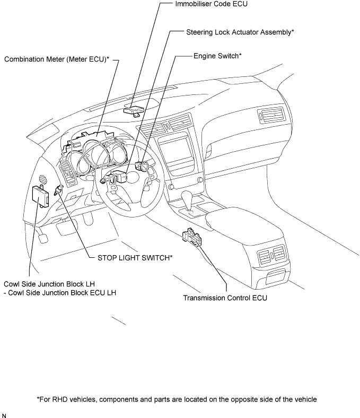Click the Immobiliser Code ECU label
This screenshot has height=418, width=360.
(212, 4)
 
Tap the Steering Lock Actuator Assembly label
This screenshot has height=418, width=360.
(240, 32)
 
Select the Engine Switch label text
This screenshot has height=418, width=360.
(217, 56)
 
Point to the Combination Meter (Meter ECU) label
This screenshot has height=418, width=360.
(57, 59)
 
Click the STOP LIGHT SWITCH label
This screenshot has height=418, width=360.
(135, 258)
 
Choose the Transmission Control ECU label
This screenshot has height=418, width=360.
(225, 298)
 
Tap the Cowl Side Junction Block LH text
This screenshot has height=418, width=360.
(49, 284)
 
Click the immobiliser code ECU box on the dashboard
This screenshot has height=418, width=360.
(134, 111)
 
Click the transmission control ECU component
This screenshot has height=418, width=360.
(192, 237)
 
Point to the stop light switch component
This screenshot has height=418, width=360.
(58, 190)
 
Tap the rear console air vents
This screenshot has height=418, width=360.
(271, 252)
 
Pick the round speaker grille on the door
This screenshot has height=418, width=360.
(43, 179)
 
